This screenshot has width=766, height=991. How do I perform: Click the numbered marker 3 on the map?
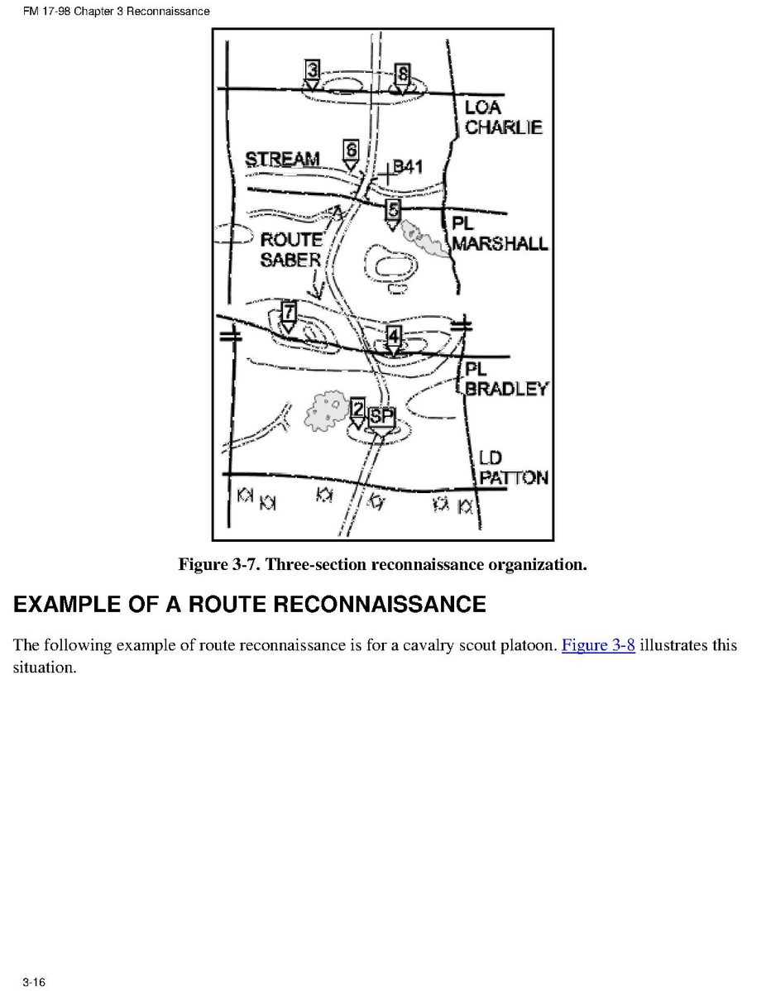coord(311,69)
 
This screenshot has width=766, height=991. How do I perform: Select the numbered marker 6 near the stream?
coord(351,151)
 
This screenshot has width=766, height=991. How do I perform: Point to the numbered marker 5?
coord(394,209)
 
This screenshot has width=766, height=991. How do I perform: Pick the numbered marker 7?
coord(288,312)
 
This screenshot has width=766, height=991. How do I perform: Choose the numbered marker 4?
coord(394,336)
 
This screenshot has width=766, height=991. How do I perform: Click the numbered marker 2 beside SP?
coord(357,408)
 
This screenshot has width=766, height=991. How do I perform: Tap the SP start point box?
coord(380,417)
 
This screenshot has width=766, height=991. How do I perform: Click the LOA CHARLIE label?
coord(503,117)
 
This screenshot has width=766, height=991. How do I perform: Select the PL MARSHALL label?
coord(499,234)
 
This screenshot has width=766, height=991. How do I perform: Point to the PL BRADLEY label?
coord(505,379)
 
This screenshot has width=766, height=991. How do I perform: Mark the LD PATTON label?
coord(513,467)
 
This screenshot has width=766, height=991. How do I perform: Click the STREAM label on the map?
coord(283,159)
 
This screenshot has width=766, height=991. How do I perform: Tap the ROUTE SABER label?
coord(290,249)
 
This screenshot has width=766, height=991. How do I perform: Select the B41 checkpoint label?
coord(407,166)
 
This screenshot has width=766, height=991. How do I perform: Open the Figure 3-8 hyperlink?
coord(598,645)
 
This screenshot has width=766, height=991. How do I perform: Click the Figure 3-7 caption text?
coord(382,565)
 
